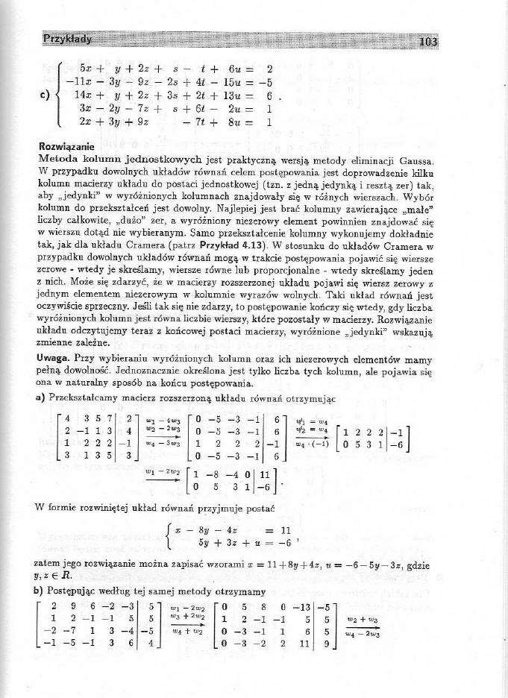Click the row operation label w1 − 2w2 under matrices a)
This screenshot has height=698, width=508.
[169, 470]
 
